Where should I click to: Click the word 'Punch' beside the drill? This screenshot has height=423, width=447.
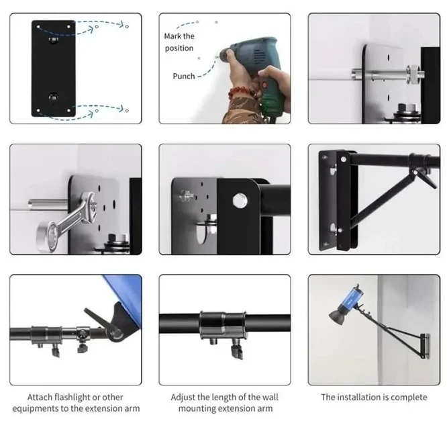[x=184, y=76]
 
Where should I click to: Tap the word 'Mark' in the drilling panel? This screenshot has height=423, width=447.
[x=172, y=36]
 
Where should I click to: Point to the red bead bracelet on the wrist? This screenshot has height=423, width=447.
[x=242, y=93]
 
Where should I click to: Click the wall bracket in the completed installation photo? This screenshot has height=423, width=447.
[x=425, y=346]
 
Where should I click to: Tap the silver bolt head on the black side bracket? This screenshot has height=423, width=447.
[x=240, y=201]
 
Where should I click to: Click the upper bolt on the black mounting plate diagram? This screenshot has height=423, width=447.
[x=53, y=40]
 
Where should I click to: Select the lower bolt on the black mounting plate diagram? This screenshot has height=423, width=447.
[x=53, y=97]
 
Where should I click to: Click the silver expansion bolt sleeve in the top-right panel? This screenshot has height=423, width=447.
[x=379, y=75]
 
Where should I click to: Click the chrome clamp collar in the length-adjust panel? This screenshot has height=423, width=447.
[x=223, y=324]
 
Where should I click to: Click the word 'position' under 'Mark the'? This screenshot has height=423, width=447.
[x=179, y=48]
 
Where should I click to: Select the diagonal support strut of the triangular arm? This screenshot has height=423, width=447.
[x=382, y=199]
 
